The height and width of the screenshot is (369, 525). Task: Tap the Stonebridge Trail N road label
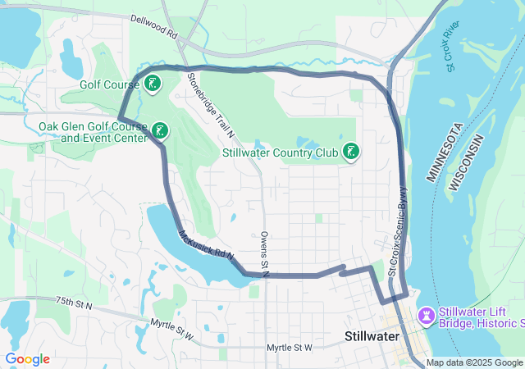coord(211,103)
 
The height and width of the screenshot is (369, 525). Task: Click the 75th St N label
coord(75,303)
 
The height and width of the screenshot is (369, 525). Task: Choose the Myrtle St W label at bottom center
coord(290,348)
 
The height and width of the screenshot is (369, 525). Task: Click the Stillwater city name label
coord(371,337)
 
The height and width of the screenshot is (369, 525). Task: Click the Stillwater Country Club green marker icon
coord(351,152)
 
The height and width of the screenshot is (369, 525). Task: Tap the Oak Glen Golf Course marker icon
coord(161,130)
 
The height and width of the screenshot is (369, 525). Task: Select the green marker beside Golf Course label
coord(152,84)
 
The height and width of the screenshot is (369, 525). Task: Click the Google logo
coord(27,358)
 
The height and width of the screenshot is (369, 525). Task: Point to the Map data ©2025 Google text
coord(474,363)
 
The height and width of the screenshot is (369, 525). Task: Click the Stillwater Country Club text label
coord(281,153)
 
